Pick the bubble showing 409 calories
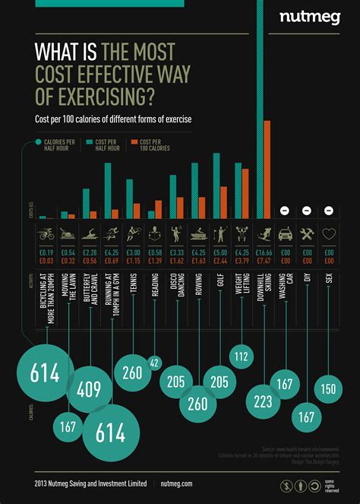[x=88, y=390]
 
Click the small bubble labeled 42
[x=155, y=363]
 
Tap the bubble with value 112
[x=242, y=355]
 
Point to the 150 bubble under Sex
[x=328, y=388]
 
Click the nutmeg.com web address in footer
[x=177, y=483]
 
